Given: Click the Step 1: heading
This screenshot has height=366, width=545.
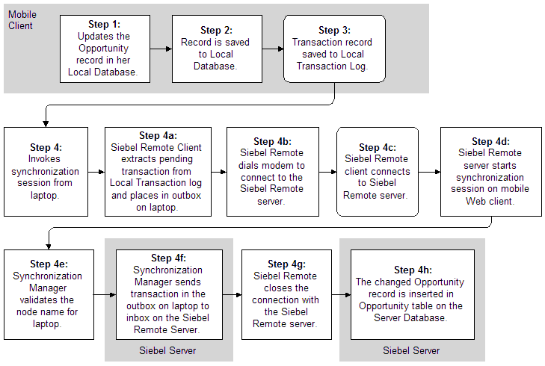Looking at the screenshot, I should tap(103, 24).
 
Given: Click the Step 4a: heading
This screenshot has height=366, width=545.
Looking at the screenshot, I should tap(158, 136).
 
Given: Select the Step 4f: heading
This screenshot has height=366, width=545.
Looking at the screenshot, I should tap(172, 258).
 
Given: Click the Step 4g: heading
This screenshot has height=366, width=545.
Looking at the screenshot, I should tap(285, 264).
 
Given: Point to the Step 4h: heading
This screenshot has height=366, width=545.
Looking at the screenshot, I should tap(413, 270).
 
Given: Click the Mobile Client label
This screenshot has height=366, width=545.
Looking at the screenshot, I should tap(22, 20).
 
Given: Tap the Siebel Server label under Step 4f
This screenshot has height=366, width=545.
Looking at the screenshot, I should tap(168, 350).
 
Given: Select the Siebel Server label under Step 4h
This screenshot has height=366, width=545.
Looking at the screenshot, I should tap(412, 350).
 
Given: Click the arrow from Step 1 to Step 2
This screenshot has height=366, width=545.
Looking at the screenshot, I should tap(160, 49).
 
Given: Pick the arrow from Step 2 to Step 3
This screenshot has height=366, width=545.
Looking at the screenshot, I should tap(271, 49).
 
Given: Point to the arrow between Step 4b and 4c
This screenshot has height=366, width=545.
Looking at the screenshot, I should tap(327, 172).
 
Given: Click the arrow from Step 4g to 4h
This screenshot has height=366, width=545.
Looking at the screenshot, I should tap(340, 294).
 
